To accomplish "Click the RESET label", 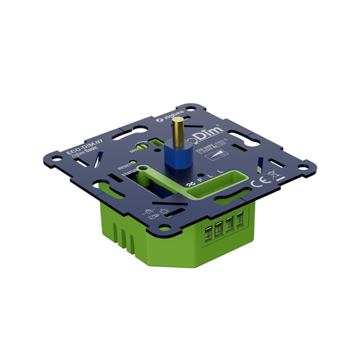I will click(124, 164).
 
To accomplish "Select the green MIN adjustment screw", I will click(144, 145).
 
